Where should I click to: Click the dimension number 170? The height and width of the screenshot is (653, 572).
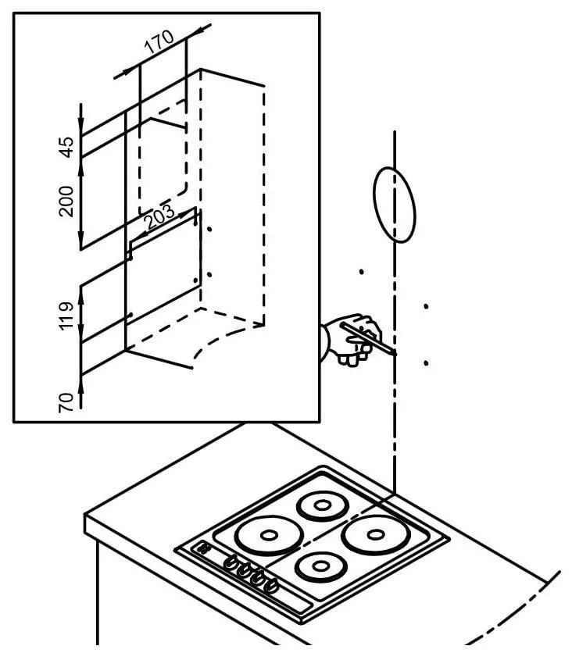pos(158,42)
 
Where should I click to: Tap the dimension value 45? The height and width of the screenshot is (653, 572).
pos(67,146)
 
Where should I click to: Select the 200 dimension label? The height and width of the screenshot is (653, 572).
pos(67,201)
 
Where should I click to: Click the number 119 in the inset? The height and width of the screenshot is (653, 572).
pos(67,316)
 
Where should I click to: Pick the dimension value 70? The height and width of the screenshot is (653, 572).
pos(67,401)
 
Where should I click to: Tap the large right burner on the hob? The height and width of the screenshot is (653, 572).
pos(376,535)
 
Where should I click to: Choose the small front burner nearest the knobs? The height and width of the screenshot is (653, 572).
pos(322,565)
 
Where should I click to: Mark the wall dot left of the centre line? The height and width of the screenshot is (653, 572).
pos(361,272)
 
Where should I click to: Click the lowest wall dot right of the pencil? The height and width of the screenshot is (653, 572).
pos(426,363)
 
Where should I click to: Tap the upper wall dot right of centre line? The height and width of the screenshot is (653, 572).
pos(426,306)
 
